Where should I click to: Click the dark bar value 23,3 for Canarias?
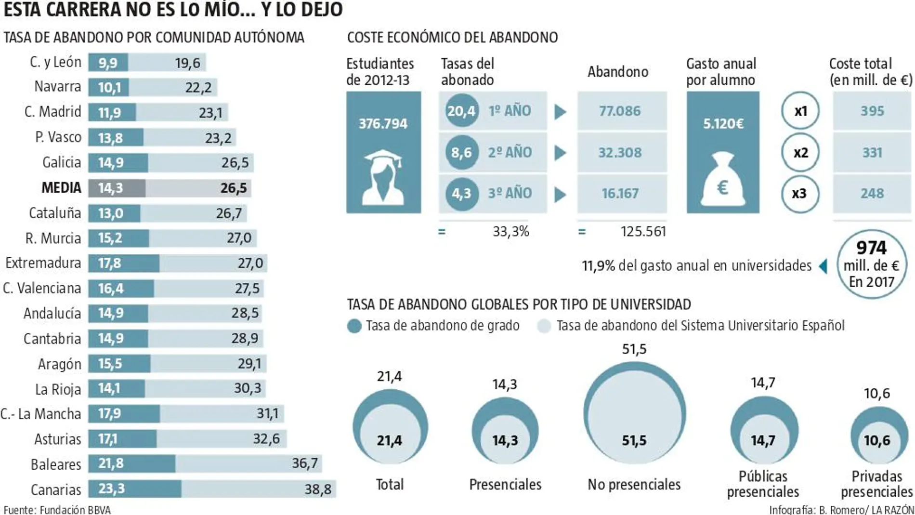[111, 489]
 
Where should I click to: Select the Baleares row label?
[56, 464]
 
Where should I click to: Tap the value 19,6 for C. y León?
[187, 63]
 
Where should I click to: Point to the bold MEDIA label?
[61, 187]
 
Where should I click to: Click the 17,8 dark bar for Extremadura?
[110, 263]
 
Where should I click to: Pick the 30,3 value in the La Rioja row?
[247, 388]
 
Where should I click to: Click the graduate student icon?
[383, 176]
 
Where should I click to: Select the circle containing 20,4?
[461, 111]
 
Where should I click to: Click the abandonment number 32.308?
[620, 153]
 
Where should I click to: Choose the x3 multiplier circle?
[799, 194]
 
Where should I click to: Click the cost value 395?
[872, 111]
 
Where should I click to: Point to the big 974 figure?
[871, 248]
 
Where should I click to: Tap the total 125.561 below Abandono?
[643, 231]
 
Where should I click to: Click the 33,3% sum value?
[510, 232]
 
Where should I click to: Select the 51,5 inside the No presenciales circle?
[634, 440]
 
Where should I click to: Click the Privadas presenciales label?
[876, 484]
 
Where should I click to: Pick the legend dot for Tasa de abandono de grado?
[354, 326]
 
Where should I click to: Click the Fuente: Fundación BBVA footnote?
[57, 509]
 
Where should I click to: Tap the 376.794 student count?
[383, 124]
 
